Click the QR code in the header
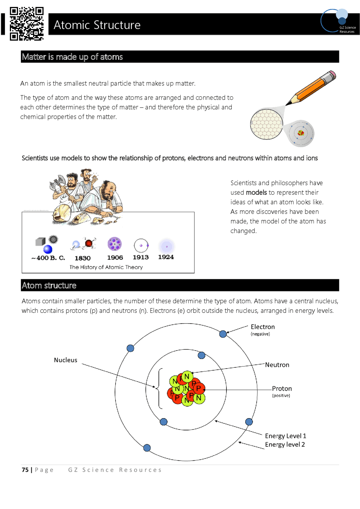(x=26, y=24)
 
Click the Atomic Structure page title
(x=97, y=25)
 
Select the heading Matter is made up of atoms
(x=72, y=57)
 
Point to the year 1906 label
(x=115, y=257)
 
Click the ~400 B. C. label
(x=48, y=258)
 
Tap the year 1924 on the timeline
(x=166, y=257)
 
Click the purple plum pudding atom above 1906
(x=114, y=244)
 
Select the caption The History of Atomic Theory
(x=106, y=267)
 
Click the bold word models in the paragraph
(x=256, y=193)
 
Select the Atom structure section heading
(x=49, y=286)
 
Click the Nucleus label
(x=66, y=360)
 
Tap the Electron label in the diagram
(x=262, y=327)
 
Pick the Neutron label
(x=277, y=365)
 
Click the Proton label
(x=282, y=389)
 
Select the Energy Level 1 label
(x=285, y=436)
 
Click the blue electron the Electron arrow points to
(x=223, y=334)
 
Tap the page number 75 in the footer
(x=25, y=470)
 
